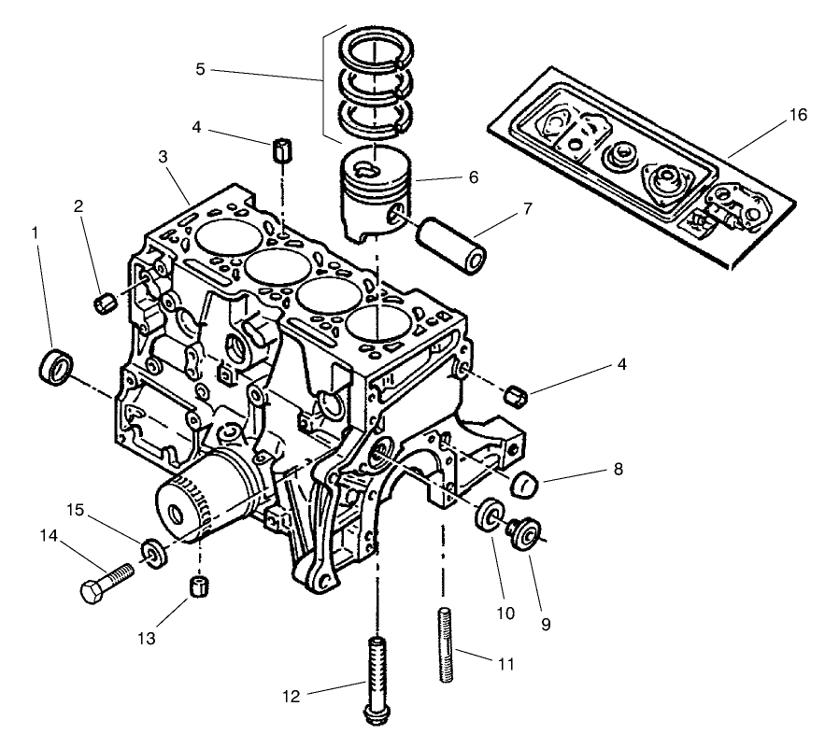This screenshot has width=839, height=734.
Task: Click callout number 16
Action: tap(797, 115)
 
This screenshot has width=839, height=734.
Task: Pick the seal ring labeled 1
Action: tap(56, 364)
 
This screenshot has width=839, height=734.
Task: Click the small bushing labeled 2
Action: tap(107, 302)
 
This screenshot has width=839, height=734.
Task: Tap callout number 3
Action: tap(163, 156)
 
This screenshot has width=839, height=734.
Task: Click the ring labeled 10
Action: tap(487, 516)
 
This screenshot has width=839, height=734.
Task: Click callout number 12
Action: tap(292, 695)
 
